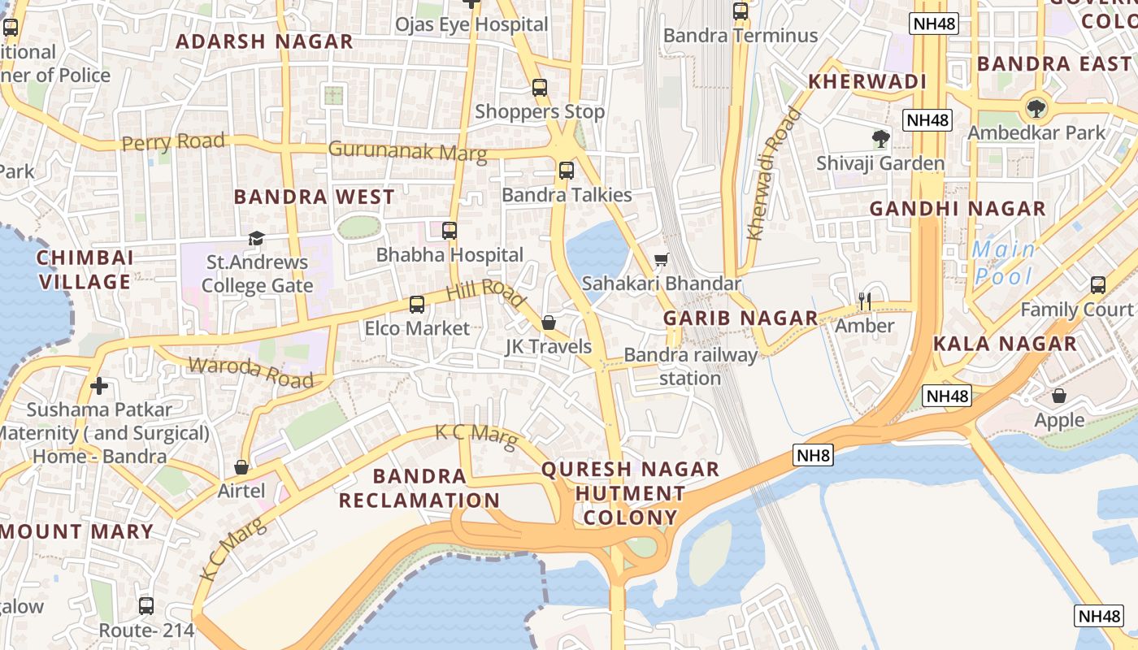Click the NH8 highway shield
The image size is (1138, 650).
click(x=814, y=455)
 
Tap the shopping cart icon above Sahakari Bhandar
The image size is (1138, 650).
click(x=662, y=260)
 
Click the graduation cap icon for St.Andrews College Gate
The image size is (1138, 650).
click(x=257, y=238)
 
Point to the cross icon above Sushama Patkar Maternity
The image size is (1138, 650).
click(x=99, y=386)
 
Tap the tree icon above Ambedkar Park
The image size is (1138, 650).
click(x=1036, y=108)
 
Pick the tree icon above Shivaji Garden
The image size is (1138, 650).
click(x=880, y=139)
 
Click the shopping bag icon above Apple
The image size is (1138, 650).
click(x=1059, y=396)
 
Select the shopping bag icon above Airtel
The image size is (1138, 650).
click(x=241, y=467)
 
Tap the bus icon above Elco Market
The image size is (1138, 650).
click(x=417, y=305)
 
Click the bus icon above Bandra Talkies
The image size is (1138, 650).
click(x=567, y=171)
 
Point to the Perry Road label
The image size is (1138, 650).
click(x=173, y=142)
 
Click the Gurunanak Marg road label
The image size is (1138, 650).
click(x=407, y=151)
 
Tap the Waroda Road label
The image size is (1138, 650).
click(x=250, y=371)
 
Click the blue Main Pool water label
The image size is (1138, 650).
click(x=1003, y=262)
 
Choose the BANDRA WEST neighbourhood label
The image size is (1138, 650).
click(x=314, y=197)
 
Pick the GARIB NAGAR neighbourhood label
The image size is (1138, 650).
click(x=741, y=318)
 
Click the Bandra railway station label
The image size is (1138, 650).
click(x=690, y=366)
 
